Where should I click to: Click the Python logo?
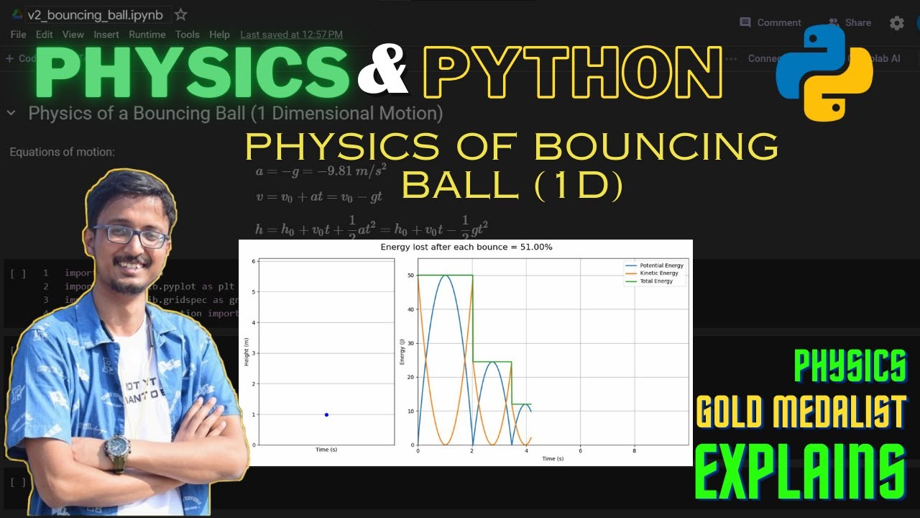[x=824, y=73]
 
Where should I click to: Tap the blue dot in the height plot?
[x=326, y=414]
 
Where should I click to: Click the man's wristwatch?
[x=116, y=447]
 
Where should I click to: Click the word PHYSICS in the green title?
[x=190, y=72]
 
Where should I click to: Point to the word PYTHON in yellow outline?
[x=571, y=72]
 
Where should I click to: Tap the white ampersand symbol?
[x=383, y=73]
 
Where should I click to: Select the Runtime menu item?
[x=147, y=35]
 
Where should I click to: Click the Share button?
[x=850, y=22]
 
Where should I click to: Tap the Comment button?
[x=770, y=22]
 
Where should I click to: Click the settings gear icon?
[x=897, y=23]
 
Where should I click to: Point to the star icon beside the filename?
[x=181, y=15]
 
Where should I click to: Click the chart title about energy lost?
[x=466, y=247]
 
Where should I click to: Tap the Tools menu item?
[x=188, y=35]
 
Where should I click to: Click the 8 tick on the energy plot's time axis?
[x=634, y=450]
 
